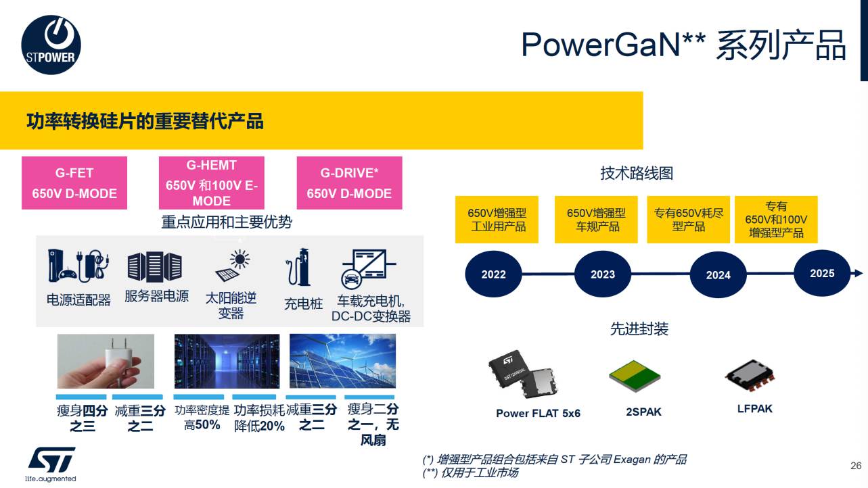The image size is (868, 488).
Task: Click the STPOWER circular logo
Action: (51, 45)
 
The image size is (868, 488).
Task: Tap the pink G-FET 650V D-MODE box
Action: (74, 182)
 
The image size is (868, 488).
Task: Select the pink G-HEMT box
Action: (212, 182)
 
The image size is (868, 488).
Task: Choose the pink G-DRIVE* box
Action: (350, 182)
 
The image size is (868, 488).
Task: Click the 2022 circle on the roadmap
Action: (493, 274)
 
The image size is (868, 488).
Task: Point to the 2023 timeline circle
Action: (603, 274)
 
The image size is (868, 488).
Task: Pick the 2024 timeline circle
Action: (718, 275)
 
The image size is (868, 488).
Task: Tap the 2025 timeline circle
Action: (822, 273)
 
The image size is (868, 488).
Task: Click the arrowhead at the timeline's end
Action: (858, 273)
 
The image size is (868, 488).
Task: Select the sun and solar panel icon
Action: (233, 266)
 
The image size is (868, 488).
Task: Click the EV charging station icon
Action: (298, 267)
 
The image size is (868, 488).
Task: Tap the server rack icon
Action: (155, 266)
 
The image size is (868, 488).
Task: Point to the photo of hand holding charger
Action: (106, 361)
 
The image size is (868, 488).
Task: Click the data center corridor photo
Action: (227, 361)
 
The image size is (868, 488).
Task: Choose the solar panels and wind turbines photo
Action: (342, 361)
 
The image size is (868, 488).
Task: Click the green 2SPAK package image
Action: (635, 376)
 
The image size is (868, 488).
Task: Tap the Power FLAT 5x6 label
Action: (539, 413)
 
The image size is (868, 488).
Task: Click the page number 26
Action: (856, 466)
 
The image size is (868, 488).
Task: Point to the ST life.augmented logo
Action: (51, 464)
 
